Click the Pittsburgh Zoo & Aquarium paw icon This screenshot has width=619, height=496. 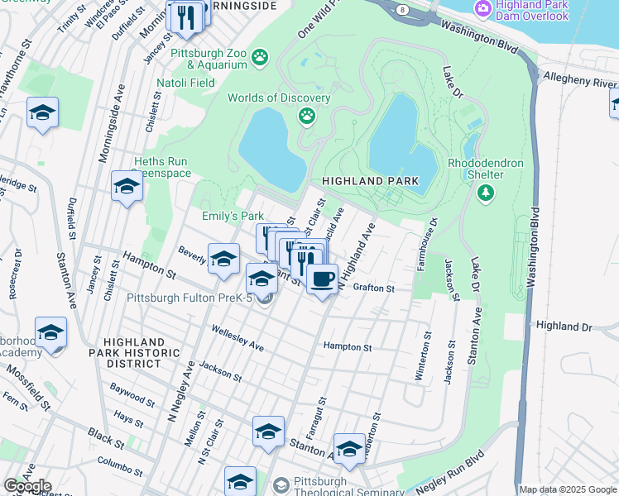261,57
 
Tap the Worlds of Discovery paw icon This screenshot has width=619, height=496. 308,115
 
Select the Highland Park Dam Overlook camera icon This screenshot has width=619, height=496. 482,9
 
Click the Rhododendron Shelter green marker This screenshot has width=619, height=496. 486,193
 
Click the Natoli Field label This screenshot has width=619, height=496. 186,83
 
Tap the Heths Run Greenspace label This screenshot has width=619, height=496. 162,168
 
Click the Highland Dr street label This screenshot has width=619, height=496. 564,327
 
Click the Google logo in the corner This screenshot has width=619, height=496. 26,486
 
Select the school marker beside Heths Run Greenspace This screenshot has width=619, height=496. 127,187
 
